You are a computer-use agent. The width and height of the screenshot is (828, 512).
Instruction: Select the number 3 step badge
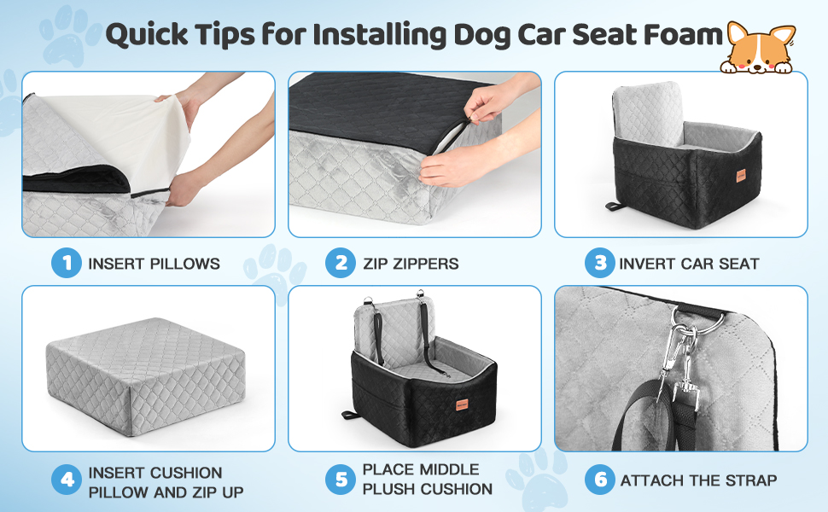tap(600, 263)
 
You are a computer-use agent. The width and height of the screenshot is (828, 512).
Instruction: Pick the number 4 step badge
tap(67, 481)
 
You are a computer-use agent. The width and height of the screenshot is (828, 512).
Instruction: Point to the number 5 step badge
tap(340, 480)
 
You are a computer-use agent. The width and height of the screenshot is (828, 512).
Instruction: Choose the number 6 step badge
tap(600, 480)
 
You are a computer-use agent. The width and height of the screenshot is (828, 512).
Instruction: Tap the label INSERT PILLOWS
tap(154, 264)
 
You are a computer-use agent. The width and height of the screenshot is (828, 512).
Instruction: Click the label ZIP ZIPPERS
tap(410, 264)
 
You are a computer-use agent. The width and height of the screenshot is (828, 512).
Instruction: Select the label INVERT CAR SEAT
tap(689, 264)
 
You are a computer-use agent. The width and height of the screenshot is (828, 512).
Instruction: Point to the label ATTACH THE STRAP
tap(698, 481)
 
